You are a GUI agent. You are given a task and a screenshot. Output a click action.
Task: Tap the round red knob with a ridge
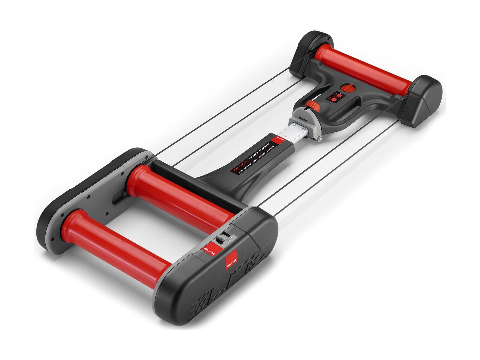[349, 88]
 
